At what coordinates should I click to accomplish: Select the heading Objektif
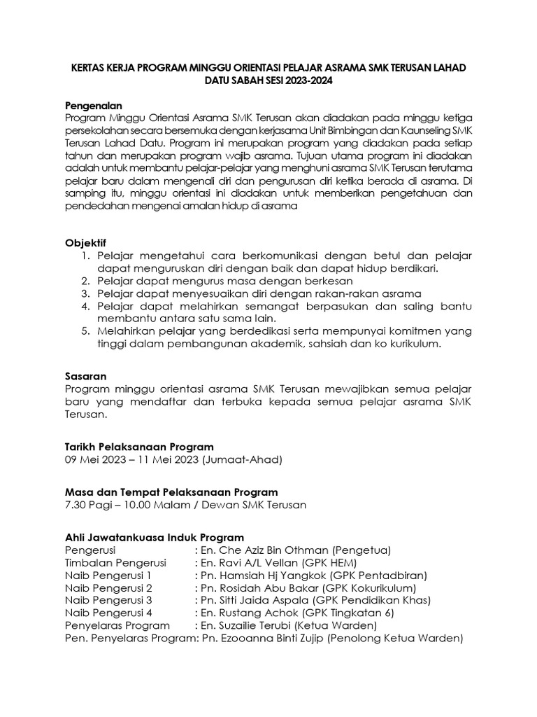(87, 242)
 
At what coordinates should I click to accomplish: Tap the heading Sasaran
(85, 376)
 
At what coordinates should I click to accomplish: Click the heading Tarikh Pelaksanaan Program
(139, 446)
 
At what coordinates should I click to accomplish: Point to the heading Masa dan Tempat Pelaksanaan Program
(171, 492)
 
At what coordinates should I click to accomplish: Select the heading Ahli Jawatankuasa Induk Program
(154, 537)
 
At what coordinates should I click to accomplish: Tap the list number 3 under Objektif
(84, 293)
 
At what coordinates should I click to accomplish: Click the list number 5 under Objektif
(84, 331)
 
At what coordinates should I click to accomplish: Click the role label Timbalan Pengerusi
(115, 562)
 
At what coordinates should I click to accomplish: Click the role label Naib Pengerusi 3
(108, 600)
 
